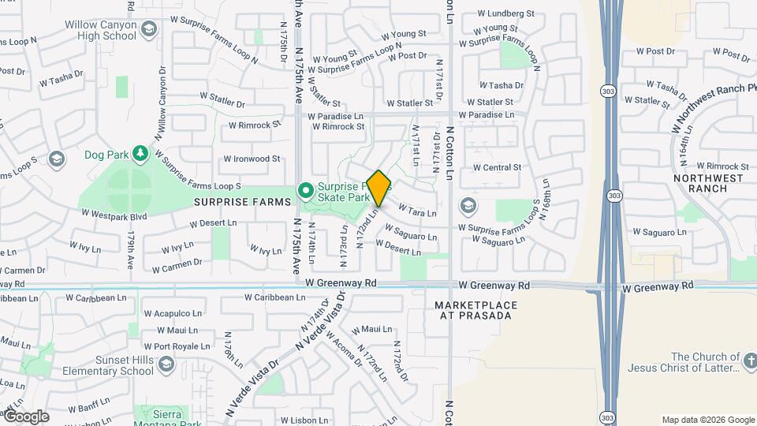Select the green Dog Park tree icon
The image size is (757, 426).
(x=140, y=152)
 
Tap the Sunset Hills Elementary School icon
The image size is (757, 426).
(x=166, y=364)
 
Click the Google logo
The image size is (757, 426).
(x=26, y=417)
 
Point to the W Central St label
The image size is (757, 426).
(x=497, y=167)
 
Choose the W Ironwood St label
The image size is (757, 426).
(x=252, y=159)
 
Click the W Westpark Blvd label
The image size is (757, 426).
(x=114, y=214)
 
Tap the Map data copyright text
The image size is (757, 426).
(x=707, y=420)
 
